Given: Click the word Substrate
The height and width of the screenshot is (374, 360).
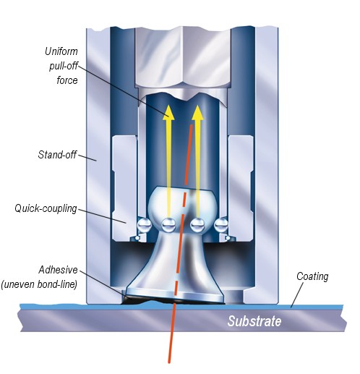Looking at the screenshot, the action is (254, 321).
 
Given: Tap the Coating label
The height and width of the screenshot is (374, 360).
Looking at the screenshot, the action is (312, 276).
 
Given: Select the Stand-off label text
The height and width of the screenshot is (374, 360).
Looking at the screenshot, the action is (57, 155).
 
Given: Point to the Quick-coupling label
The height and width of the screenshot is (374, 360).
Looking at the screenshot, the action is (46, 208).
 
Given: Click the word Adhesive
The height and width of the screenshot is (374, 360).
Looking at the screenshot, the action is (58, 270).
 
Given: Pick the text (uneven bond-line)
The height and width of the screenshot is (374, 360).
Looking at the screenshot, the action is (39, 284).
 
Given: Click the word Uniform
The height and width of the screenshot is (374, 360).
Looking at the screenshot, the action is (61, 51).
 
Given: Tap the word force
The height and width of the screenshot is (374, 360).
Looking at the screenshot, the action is (67, 80).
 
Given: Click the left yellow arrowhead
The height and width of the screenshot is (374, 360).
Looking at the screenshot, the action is (168, 113).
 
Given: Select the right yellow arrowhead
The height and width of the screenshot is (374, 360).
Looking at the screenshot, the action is (198, 113).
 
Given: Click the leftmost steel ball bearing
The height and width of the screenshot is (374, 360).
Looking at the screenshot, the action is (145, 225).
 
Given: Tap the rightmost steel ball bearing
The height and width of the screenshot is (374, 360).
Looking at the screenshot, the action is (221, 225).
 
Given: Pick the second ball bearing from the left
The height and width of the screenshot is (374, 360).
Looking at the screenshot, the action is (168, 225).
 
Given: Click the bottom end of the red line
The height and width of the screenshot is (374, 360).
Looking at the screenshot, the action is (169, 362).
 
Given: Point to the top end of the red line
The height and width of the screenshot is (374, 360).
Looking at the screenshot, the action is (192, 126).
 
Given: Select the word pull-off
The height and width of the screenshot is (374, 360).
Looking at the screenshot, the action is (64, 66).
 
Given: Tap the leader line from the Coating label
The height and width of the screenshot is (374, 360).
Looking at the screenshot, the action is (297, 295).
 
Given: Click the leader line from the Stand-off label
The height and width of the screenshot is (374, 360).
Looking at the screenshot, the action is (87, 158).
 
